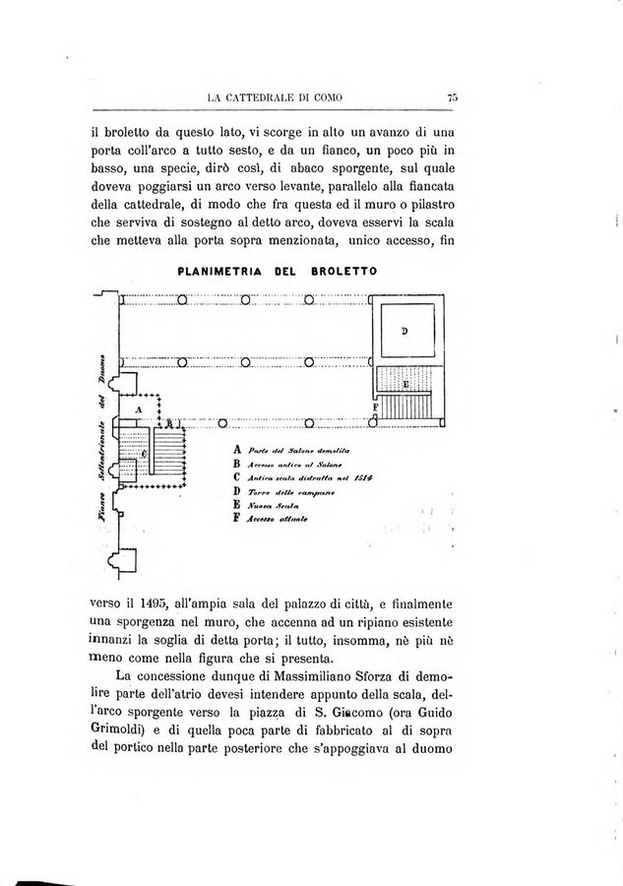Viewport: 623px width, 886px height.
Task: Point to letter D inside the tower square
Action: [x=405, y=331]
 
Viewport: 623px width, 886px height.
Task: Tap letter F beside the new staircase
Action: [x=375, y=407]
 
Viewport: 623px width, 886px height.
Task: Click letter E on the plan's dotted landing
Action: [x=405, y=384]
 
